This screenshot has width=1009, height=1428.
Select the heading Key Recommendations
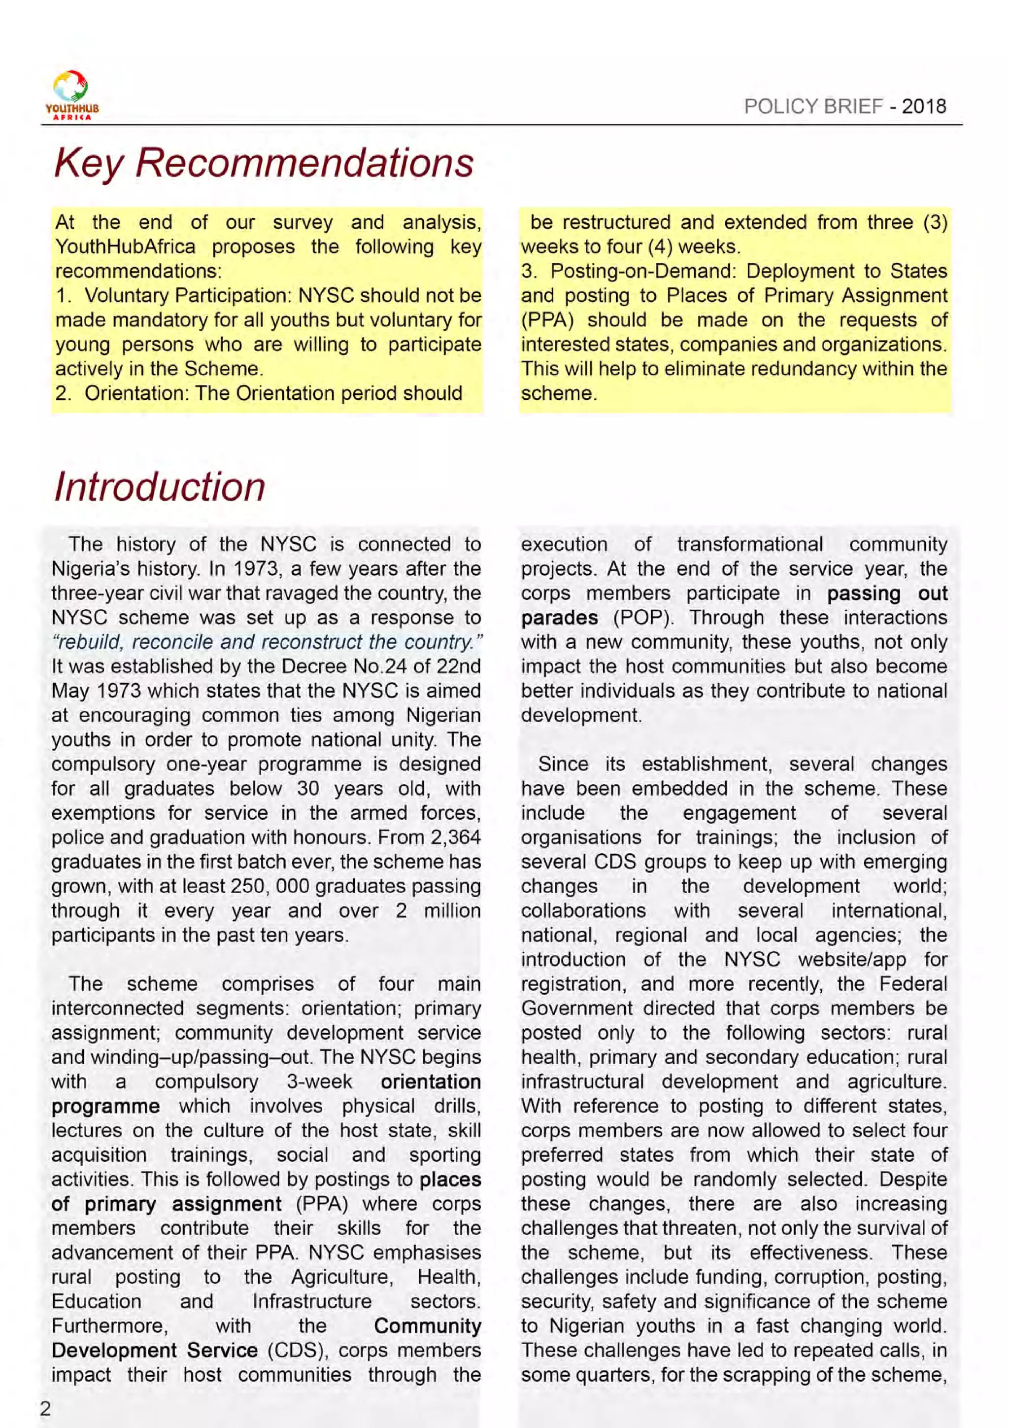point(264,163)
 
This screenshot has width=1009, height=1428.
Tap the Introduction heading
point(160,487)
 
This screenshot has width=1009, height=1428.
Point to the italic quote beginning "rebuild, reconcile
point(268,642)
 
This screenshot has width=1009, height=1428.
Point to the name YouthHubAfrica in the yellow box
point(125,247)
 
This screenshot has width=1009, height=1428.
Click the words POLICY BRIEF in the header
point(812,106)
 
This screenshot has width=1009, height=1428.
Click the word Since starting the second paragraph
point(563,764)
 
